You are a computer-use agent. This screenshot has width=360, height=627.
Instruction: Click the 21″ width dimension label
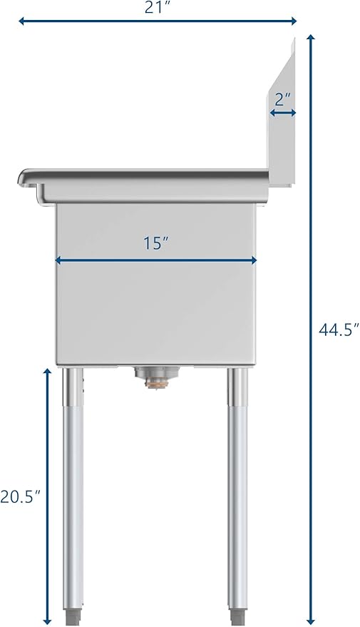pyautogui.click(x=155, y=7)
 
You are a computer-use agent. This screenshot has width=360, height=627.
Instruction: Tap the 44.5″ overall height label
pyautogui.click(x=339, y=330)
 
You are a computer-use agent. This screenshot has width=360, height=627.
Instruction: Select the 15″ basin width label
pyautogui.click(x=155, y=243)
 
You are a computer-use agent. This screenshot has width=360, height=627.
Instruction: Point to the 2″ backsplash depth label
pyautogui.click(x=282, y=98)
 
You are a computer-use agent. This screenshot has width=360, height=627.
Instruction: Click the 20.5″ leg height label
pyautogui.click(x=20, y=496)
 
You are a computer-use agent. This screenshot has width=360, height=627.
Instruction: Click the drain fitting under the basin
pyautogui.click(x=157, y=377)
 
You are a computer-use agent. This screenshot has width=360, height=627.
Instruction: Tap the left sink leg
pyautogui.click(x=73, y=494)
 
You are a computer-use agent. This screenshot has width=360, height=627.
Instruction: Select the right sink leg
pyautogui.click(x=237, y=494)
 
